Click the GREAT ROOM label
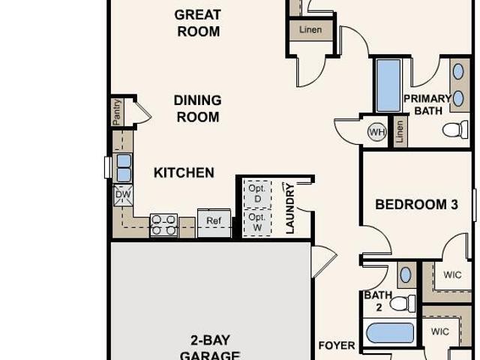click(197, 23)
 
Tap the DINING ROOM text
click(197, 109)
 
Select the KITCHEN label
click(184, 172)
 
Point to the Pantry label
click(118, 112)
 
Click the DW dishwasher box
click(123, 195)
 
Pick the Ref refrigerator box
click(214, 221)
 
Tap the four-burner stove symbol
click(163, 225)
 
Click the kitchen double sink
click(124, 167)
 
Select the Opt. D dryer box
click(256, 193)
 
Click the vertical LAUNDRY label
click(289, 208)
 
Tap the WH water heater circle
click(376, 133)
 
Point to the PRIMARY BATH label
click(428, 105)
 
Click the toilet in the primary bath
click(454, 130)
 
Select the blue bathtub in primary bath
click(388, 85)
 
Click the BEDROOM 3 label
click(416, 204)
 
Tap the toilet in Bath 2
click(403, 304)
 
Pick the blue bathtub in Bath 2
click(389, 333)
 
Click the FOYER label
click(337, 346)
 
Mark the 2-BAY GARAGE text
click(210, 348)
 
